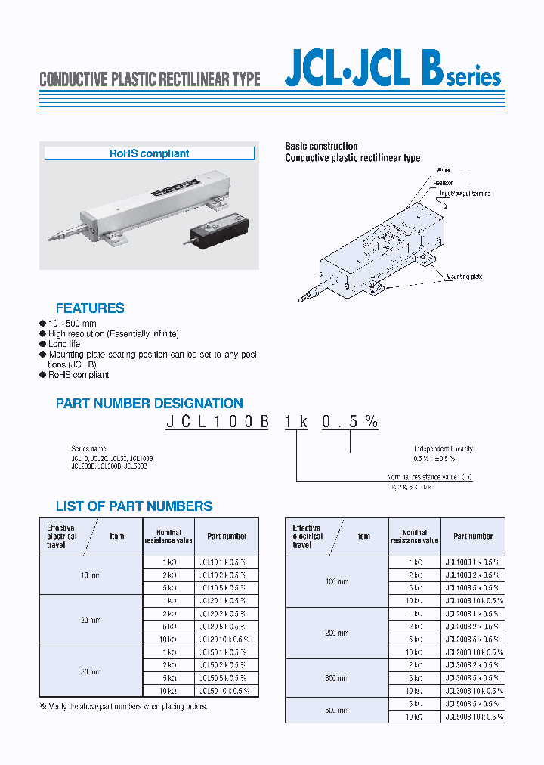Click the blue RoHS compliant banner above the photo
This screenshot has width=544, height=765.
pyautogui.click(x=149, y=153)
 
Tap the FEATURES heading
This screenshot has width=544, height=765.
pyautogui.click(x=90, y=308)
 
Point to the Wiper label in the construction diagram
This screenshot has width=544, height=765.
pyautogui.click(x=444, y=171)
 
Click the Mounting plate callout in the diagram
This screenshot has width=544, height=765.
pyautogui.click(x=464, y=277)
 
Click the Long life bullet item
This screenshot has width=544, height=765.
pyautogui.click(x=64, y=344)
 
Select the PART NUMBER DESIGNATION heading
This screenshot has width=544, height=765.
pyautogui.click(x=150, y=404)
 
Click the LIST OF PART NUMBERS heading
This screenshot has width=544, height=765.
pyautogui.click(x=134, y=506)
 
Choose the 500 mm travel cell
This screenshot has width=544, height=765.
pyautogui.click(x=337, y=711)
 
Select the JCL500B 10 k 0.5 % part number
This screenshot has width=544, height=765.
pyautogui.click(x=474, y=717)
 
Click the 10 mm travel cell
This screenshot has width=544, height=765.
pyautogui.click(x=91, y=575)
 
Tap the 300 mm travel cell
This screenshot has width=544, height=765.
pyautogui.click(x=337, y=678)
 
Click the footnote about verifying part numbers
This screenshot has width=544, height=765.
pyautogui.click(x=123, y=707)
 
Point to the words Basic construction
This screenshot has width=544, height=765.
pyautogui.click(x=321, y=146)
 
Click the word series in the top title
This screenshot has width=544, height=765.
pyautogui.click(x=474, y=78)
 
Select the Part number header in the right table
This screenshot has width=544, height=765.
pyautogui.click(x=473, y=536)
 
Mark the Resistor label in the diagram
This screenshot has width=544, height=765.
pyautogui.click(x=444, y=182)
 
